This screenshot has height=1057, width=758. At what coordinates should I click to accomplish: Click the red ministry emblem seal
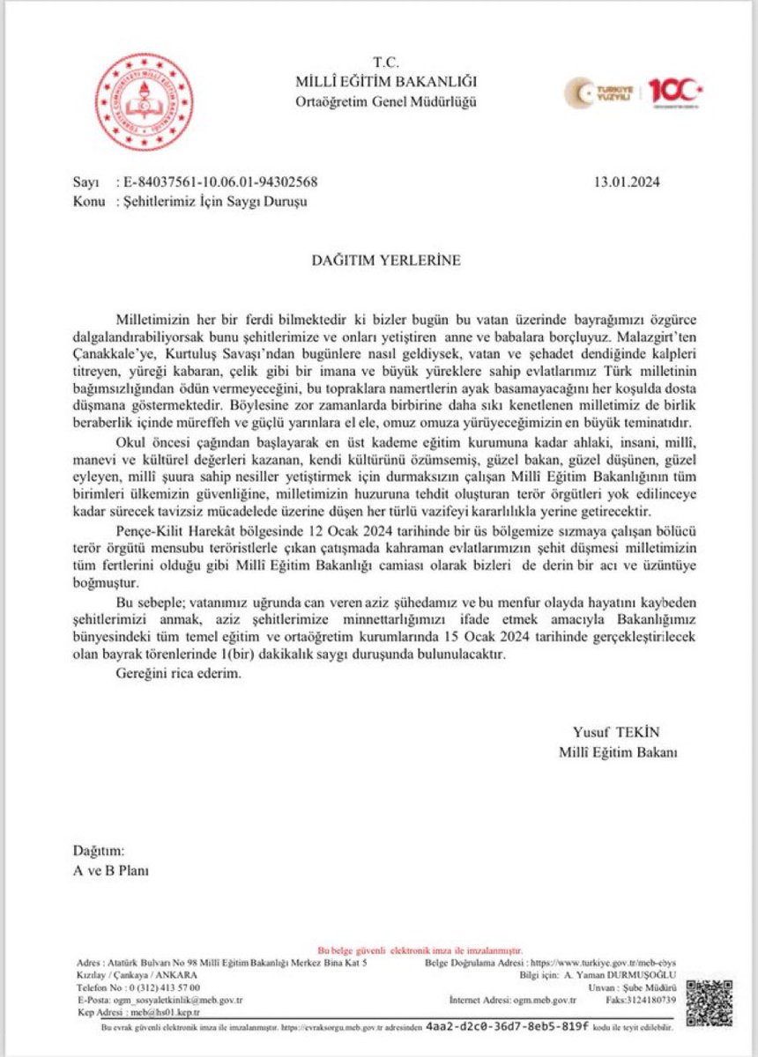click(x=144, y=100)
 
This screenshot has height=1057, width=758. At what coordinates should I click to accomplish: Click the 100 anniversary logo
click(x=674, y=91)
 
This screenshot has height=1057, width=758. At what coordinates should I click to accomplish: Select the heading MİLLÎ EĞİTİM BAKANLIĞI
click(x=386, y=82)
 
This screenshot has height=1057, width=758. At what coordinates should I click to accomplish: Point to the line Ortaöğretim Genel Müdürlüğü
click(x=386, y=101)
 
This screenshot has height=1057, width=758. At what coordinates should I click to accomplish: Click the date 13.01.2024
click(x=628, y=182)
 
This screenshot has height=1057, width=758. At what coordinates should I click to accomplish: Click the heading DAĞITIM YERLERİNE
click(x=385, y=261)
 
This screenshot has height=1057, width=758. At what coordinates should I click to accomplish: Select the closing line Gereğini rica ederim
click(x=177, y=673)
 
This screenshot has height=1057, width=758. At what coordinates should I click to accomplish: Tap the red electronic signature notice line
click(x=420, y=952)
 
